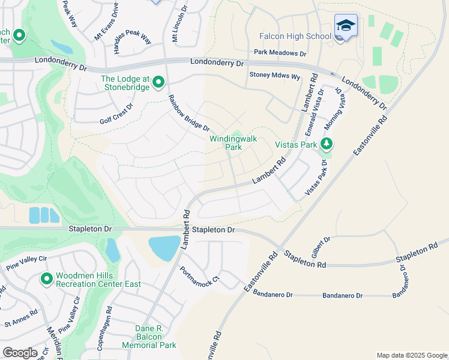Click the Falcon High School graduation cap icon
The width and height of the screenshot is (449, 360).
pos(346,26)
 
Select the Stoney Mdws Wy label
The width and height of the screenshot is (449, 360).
pos(274,76)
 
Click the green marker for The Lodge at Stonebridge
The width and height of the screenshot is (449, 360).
pos(158,81)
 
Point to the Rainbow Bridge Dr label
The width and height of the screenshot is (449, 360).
pos(188,113)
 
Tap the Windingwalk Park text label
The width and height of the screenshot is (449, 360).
pos(233,142)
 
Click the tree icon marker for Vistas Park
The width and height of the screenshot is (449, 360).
pos(326,144)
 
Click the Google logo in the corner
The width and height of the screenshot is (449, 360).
pos(20,353)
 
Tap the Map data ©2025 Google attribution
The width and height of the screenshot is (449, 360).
pos(411,355)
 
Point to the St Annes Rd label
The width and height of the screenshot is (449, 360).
pos(20,317)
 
